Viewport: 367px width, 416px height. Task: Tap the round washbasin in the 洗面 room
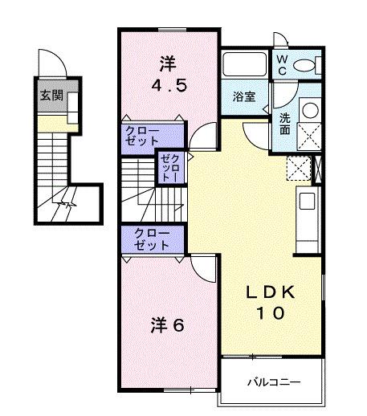pos(309,110)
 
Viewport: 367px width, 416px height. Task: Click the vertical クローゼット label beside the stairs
pos(172,170)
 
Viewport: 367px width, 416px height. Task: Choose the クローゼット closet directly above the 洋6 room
pos(147,239)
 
